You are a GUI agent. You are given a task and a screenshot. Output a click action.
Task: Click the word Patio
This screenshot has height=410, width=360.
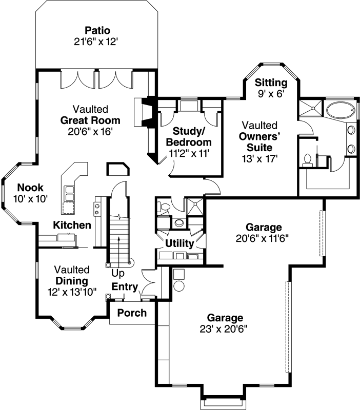[97, 30]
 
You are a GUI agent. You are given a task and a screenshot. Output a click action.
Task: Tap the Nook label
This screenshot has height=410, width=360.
[30, 188]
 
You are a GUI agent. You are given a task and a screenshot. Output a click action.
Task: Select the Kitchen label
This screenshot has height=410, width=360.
[72, 225]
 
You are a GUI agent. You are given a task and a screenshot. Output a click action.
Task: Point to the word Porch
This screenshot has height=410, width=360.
[132, 313]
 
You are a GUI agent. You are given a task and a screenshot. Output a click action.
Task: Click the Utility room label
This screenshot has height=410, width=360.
[179, 243]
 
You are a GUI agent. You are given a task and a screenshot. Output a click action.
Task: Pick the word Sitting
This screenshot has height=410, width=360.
[271, 83]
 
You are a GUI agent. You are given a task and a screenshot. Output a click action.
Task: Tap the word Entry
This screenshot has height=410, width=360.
[125, 286]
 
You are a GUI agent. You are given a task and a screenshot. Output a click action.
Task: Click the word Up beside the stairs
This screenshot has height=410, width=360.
[118, 273]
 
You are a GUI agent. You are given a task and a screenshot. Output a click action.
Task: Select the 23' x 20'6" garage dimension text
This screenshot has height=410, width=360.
[225, 329]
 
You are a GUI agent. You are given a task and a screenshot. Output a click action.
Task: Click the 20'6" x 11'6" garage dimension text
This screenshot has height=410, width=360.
[264, 238]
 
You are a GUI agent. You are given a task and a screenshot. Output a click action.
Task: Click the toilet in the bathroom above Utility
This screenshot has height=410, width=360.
[164, 207]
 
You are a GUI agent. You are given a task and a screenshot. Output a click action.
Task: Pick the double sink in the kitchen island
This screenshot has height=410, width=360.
[69, 193]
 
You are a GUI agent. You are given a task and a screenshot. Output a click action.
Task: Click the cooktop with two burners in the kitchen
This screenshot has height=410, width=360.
[96, 208]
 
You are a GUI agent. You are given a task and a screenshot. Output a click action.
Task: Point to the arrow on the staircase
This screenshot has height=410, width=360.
[119, 246]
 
